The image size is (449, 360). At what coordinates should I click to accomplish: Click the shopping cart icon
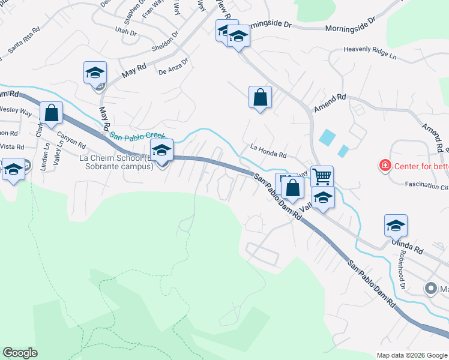coord(322,175)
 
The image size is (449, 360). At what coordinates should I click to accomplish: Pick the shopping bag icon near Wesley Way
coord(52,112)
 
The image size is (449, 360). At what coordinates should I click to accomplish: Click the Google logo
coord(20,353)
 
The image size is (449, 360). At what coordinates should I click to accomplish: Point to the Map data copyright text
coord(412,355)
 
